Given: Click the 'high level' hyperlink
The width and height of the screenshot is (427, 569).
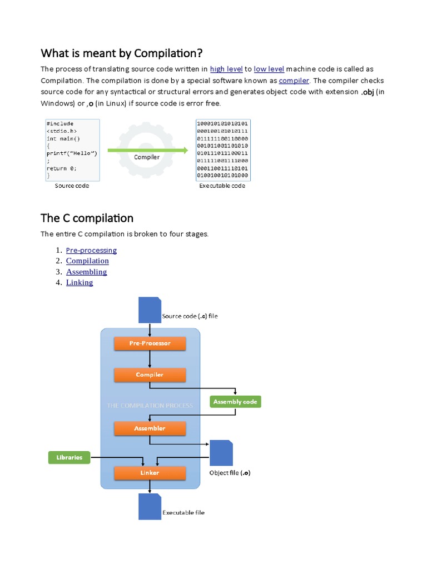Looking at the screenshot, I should click(x=226, y=69).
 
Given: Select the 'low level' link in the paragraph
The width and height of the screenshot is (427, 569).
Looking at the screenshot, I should click(x=269, y=69).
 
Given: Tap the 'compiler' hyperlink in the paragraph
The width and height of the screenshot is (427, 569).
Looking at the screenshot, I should click(x=294, y=81).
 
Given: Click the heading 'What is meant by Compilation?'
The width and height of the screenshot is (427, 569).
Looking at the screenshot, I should click(x=122, y=53).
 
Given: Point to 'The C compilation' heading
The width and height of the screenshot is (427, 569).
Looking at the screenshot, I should click(x=87, y=217).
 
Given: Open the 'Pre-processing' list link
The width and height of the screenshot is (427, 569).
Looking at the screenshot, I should click(x=91, y=250).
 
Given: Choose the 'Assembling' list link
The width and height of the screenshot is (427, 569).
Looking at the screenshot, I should click(x=86, y=272).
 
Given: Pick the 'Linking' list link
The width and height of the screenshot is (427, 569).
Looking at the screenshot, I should click(x=80, y=282).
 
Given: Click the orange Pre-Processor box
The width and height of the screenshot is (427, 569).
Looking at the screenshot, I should click(x=150, y=343).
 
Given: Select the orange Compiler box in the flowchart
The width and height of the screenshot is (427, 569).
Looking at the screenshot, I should click(x=150, y=375).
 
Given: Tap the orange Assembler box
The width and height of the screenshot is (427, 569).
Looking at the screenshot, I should click(x=150, y=428).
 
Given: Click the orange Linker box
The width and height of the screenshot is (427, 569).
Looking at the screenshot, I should click(x=150, y=473).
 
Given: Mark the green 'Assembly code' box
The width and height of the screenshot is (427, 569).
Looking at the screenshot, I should click(x=235, y=402).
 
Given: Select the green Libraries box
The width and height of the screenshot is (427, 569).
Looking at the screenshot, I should click(x=69, y=457).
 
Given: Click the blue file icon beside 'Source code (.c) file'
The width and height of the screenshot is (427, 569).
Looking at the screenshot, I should click(x=149, y=310).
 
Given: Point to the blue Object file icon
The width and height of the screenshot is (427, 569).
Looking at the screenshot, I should click(x=221, y=452).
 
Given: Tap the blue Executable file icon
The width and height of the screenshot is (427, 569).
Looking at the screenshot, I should click(x=149, y=506).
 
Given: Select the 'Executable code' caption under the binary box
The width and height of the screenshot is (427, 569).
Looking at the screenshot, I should click(x=222, y=186).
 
